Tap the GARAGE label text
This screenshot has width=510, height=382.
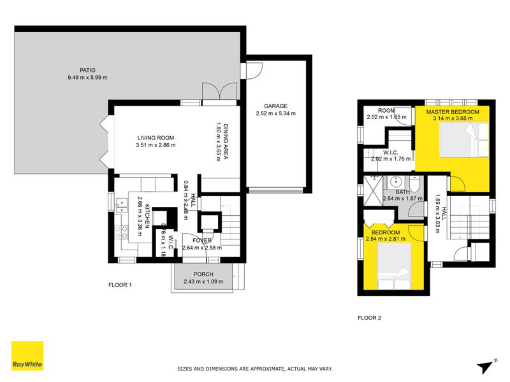[276, 106]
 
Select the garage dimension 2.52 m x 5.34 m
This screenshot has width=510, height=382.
[276, 114]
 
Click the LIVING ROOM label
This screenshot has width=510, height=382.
[155, 138]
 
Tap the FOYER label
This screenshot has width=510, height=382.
[202, 241]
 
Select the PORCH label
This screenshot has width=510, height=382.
[204, 275]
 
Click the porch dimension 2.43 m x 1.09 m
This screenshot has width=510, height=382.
[204, 283]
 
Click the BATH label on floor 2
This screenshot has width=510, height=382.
[402, 192]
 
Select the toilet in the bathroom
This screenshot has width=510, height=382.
[414, 185]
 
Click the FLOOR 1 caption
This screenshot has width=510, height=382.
[120, 285]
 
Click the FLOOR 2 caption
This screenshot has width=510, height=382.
[369, 317]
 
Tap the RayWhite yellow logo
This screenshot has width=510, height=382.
[27, 356]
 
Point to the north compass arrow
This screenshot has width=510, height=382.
[485, 365]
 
